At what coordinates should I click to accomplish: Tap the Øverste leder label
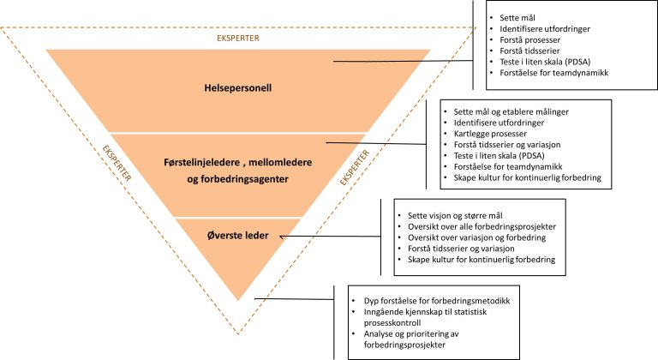239,231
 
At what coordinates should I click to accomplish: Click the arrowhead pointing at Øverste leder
283,232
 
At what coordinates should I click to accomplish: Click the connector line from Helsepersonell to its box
403,62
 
